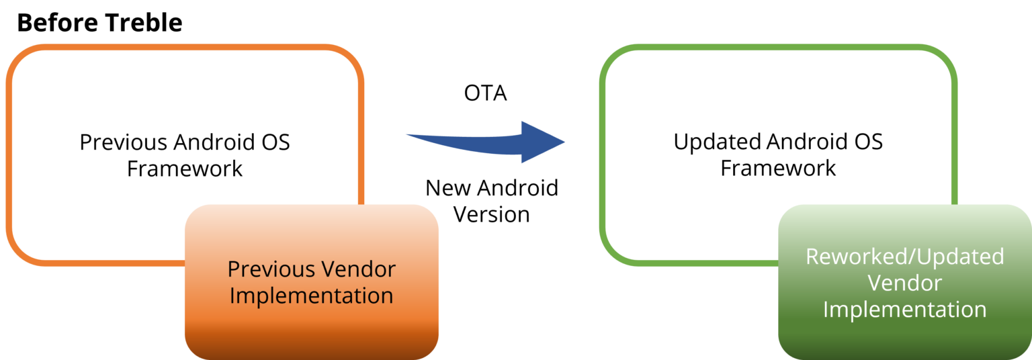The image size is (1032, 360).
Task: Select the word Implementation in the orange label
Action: coord(311,296)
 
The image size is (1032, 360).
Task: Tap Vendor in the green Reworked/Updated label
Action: coord(904,283)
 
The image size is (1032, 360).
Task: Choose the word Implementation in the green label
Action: coord(904,310)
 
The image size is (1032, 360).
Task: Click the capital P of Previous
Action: coord(233,270)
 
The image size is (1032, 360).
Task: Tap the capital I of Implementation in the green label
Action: coord(826,310)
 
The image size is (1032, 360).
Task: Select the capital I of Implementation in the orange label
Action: coord(232,296)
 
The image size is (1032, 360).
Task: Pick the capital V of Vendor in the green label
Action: coord(873,283)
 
